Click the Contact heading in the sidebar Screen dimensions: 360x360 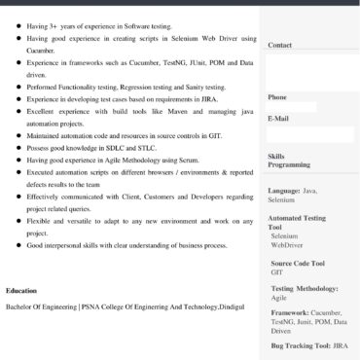(x=279, y=45)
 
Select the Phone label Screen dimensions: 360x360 (x=277, y=97)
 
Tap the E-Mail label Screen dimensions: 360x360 (x=278, y=119)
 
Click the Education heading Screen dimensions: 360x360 (x=22, y=291)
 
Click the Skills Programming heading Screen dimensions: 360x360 (x=289, y=161)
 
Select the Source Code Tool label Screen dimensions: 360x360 (x=298, y=263)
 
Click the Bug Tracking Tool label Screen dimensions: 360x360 (x=301, y=345)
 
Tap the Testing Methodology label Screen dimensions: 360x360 (x=305, y=288)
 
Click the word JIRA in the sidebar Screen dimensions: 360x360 (x=340, y=345)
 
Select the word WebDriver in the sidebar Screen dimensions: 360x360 (x=287, y=245)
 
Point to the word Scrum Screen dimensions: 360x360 (x=186, y=160)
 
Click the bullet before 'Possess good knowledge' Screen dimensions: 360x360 (x=18, y=148)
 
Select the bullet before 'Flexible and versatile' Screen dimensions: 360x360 (x=18, y=222)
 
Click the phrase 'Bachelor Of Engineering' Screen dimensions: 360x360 (x=42, y=306)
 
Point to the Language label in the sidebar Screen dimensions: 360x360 (x=284, y=191)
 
